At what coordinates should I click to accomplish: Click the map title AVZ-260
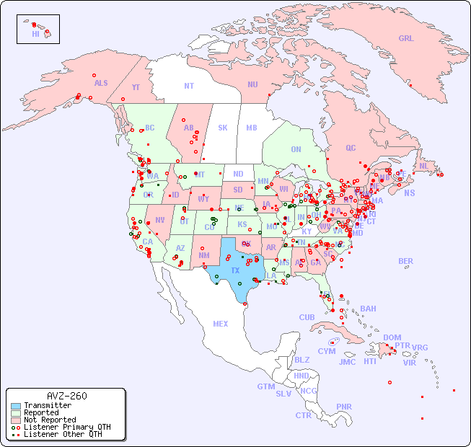point(66,396)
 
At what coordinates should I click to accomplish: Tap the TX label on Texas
point(235,270)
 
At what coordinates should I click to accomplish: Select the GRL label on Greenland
point(406,38)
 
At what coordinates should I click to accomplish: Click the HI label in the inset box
point(35,34)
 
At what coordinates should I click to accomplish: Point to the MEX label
point(220,324)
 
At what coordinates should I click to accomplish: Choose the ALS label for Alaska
point(101,83)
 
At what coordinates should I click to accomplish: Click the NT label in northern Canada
point(188,85)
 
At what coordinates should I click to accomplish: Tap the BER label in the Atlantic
point(405,261)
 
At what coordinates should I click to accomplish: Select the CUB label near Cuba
point(307,317)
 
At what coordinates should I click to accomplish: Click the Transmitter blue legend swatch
point(15,406)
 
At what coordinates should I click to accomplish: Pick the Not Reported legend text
point(49,420)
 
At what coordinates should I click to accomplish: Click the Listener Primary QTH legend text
point(66,427)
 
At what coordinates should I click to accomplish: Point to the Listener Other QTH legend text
point(62,434)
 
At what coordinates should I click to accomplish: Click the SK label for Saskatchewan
point(222,128)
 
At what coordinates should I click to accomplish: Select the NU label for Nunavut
point(252,84)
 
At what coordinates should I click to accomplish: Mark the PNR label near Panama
point(344,407)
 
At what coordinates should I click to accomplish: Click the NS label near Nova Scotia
point(409,192)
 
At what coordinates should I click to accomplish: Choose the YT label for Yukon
point(136,87)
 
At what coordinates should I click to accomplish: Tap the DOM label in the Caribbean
point(392,337)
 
